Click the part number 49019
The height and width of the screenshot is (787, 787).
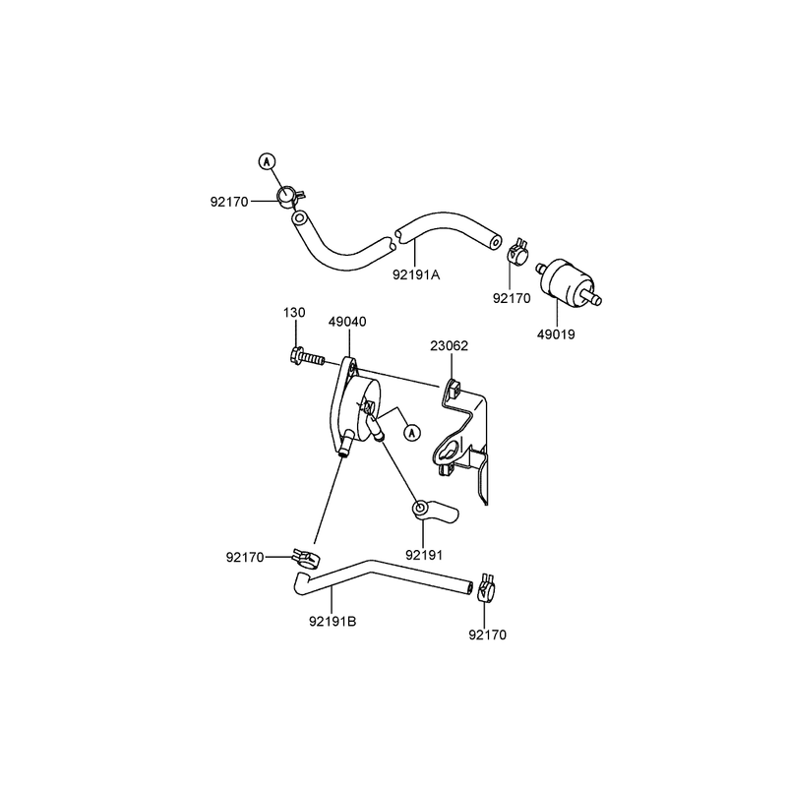click(x=556, y=334)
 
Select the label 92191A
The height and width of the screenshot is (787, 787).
click(x=415, y=274)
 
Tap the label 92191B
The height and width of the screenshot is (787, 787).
click(x=333, y=622)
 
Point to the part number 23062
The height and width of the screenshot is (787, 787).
click(x=449, y=346)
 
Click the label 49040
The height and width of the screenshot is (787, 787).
click(x=347, y=322)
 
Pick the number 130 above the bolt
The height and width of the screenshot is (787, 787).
click(x=294, y=313)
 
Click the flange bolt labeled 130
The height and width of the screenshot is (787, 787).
click(x=307, y=357)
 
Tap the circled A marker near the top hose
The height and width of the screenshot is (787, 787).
click(x=267, y=161)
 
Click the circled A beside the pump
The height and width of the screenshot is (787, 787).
click(x=412, y=432)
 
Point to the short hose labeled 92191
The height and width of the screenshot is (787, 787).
click(x=434, y=511)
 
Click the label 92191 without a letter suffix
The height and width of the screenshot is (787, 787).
click(x=424, y=556)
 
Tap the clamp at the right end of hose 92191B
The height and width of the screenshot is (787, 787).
click(x=487, y=587)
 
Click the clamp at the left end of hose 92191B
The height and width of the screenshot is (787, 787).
click(x=306, y=558)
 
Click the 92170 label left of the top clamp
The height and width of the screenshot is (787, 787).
click(x=229, y=202)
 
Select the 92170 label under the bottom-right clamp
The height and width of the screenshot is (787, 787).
click(x=487, y=635)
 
